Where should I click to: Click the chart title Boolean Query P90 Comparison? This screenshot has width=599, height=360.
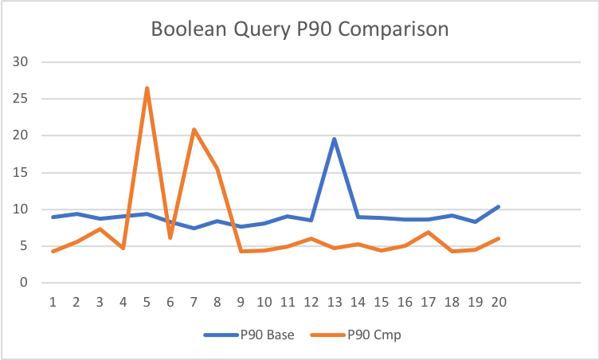pos(299,30)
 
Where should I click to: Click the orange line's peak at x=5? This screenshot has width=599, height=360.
pos(147,88)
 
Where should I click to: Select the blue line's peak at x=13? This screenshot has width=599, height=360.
pos(334,139)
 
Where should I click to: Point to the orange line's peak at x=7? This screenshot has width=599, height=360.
pos(194,129)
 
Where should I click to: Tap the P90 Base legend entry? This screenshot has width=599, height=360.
pos(249,335)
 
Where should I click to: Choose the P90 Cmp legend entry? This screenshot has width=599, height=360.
pos(374,335)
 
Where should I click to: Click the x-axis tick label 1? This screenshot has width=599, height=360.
pos(53,303)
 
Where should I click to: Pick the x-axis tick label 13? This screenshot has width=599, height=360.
pos(334,303)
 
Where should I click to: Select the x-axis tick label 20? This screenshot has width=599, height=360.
pos(498,303)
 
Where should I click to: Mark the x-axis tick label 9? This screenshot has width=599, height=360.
pos(241,303)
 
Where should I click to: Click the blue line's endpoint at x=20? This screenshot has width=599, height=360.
pos(498,207)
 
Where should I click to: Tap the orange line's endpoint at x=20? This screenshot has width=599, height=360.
pos(498,238)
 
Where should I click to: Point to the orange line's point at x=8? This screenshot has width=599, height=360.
pos(217,169)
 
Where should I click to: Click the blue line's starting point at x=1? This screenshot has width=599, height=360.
pos(53,217)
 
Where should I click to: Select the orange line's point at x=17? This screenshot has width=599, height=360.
pos(428,233)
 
